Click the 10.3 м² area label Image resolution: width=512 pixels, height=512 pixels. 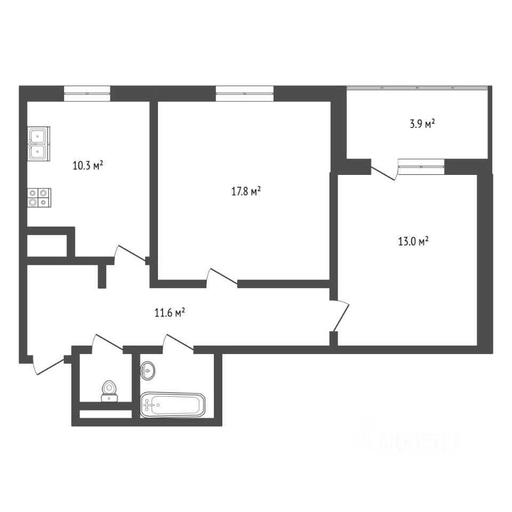[88, 165]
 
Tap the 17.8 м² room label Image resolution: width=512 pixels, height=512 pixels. [246, 191]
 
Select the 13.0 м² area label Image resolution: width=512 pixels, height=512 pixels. [413, 242]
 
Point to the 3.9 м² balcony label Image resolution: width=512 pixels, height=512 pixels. [422, 124]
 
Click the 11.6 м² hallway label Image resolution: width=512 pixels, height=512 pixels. [170, 313]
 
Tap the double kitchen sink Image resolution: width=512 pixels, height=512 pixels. [39, 143]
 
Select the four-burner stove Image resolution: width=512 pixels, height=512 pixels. [39, 197]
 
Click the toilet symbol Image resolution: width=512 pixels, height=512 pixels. [109, 391]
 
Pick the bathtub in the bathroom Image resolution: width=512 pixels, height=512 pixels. [173, 405]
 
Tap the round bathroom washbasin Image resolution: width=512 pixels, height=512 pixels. [148, 371]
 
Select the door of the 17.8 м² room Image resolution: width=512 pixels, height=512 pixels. [222, 277]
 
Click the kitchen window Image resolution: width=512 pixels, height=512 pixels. [87, 94]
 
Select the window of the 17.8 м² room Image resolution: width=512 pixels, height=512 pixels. [245, 94]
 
